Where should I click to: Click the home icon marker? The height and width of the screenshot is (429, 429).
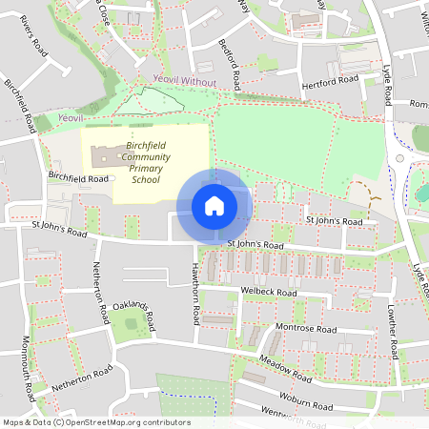214,206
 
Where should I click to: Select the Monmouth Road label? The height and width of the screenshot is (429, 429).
28,368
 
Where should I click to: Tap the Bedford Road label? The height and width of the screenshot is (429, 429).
229,61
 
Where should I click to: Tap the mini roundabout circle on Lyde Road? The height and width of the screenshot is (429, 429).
400,157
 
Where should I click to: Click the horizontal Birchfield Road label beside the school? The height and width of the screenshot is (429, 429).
79,177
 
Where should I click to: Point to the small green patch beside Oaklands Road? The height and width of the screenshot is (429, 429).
132,324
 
